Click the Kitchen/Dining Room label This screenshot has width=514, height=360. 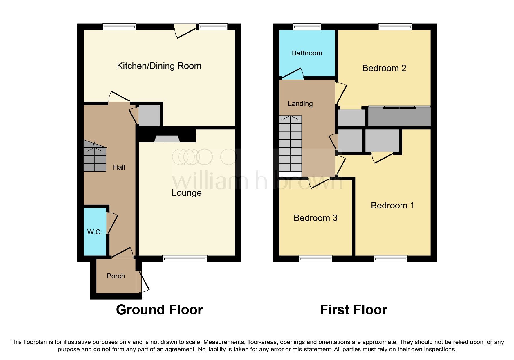pyautogui.click(x=159, y=66)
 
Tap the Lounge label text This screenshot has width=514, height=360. pyautogui.click(x=187, y=193)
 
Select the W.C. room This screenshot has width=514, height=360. pyautogui.click(x=95, y=232)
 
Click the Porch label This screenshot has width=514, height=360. pyautogui.click(x=116, y=276)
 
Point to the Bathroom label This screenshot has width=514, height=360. pyautogui.click(x=307, y=53)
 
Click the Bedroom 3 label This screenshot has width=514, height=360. pyautogui.click(x=315, y=218)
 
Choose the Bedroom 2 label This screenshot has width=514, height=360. pyautogui.click(x=384, y=68)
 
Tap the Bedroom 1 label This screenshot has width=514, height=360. pyautogui.click(x=392, y=206)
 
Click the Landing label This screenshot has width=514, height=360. pyautogui.click(x=300, y=104)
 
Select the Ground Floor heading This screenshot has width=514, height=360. pyautogui.click(x=159, y=310)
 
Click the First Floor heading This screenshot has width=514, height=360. pyautogui.click(x=353, y=310)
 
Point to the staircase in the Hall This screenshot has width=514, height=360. pyautogui.click(x=95, y=157)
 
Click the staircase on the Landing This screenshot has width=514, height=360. pyautogui.click(x=290, y=144)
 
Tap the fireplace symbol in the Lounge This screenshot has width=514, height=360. pyautogui.click(x=167, y=139)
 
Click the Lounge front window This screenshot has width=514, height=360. pyautogui.click(x=185, y=258)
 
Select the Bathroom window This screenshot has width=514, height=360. pyautogui.click(x=307, y=27)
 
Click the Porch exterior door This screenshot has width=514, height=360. pyautogui.click(x=144, y=282)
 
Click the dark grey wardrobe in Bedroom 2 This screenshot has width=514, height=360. pyautogui.click(x=399, y=116)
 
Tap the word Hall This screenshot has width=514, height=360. pyautogui.click(x=119, y=167)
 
